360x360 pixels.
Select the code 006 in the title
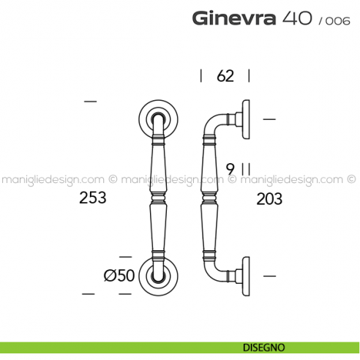(334, 20)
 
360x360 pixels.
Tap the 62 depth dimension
(225, 75)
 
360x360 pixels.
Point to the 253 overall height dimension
(93, 198)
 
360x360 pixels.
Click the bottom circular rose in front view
(158, 275)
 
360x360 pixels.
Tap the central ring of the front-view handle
(158, 196)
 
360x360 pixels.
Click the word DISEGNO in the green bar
(255, 348)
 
